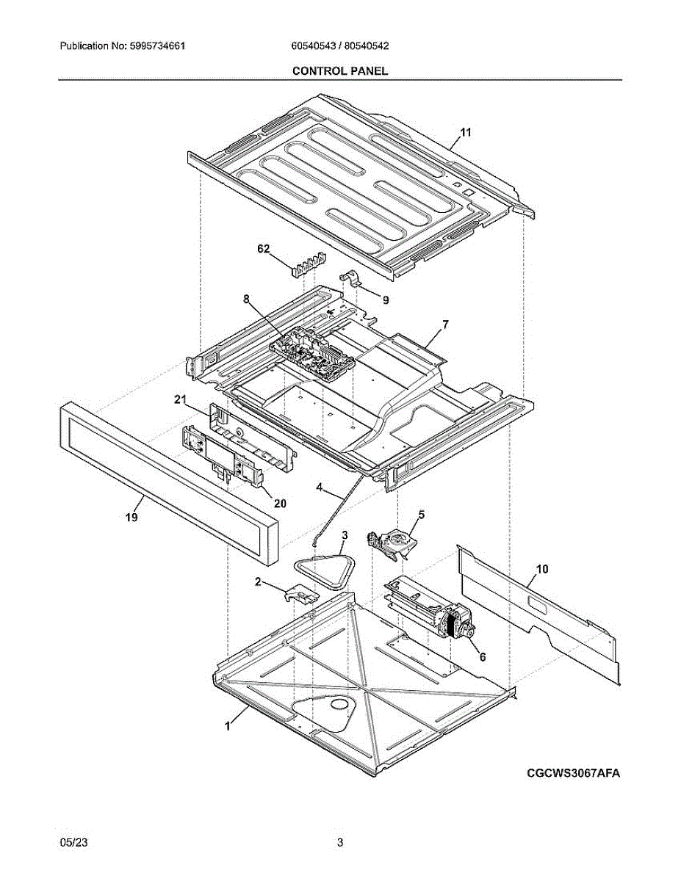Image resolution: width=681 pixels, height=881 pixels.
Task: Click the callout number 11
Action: [x=465, y=132]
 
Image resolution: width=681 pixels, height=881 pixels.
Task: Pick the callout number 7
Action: [x=445, y=324]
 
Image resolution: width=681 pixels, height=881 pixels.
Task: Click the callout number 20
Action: [x=280, y=503]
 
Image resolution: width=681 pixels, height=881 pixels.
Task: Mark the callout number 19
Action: [x=131, y=517]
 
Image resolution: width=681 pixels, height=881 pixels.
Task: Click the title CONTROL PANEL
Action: [x=340, y=70]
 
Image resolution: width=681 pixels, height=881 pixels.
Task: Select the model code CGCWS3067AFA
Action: [x=573, y=773]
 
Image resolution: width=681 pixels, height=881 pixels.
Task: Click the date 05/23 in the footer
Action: [x=71, y=843]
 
